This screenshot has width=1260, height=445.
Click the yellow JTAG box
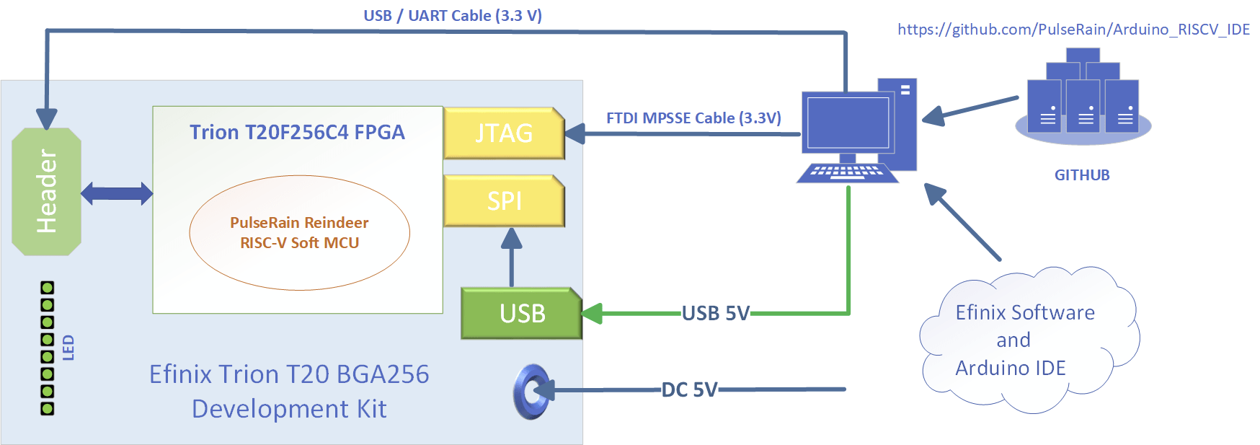tap(504, 133)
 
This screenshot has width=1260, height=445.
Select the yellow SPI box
tap(504, 201)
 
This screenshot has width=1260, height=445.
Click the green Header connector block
tap(46, 192)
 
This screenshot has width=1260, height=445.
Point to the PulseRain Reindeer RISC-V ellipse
tap(300, 233)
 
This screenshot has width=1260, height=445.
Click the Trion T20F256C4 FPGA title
tap(297, 132)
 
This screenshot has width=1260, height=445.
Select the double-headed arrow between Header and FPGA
tap(117, 193)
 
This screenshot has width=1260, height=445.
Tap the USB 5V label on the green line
tap(716, 313)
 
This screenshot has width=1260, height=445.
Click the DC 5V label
tap(689, 390)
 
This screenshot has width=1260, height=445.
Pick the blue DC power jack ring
tap(532, 392)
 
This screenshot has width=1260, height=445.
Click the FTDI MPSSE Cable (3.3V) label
tap(693, 118)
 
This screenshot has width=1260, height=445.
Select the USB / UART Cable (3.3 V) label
tap(453, 16)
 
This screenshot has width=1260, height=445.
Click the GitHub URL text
tap(1073, 30)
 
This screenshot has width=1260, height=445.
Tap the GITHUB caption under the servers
tap(1082, 175)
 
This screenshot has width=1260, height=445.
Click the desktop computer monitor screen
tap(848, 123)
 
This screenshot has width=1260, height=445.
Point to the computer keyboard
tap(848, 173)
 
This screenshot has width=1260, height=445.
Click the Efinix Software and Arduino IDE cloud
tap(1029, 340)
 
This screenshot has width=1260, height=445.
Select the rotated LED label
tap(68, 348)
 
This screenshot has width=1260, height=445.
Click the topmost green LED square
tap(48, 288)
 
